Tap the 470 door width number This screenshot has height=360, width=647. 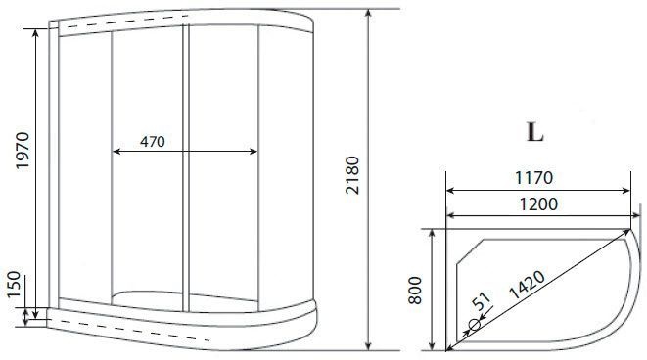(152, 141)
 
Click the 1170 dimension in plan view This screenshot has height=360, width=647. (532, 178)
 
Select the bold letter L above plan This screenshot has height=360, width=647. (533, 130)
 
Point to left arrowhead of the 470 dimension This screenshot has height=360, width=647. (117, 152)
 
